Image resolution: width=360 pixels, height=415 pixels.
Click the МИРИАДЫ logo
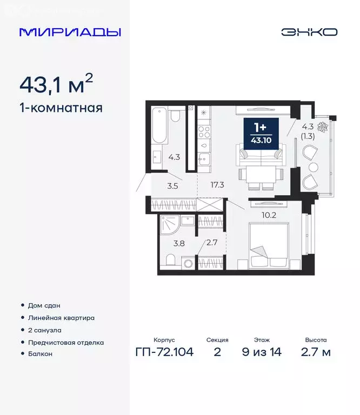tap(70, 32)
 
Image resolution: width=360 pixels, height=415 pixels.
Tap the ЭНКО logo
tap(309, 32)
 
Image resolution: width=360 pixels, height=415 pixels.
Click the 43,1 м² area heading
tap(56, 84)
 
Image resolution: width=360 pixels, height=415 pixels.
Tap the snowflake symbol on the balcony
tap(323, 128)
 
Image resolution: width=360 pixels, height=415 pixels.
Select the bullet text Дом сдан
tap(44, 305)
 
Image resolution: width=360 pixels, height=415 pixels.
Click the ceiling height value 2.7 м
tap(315, 352)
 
